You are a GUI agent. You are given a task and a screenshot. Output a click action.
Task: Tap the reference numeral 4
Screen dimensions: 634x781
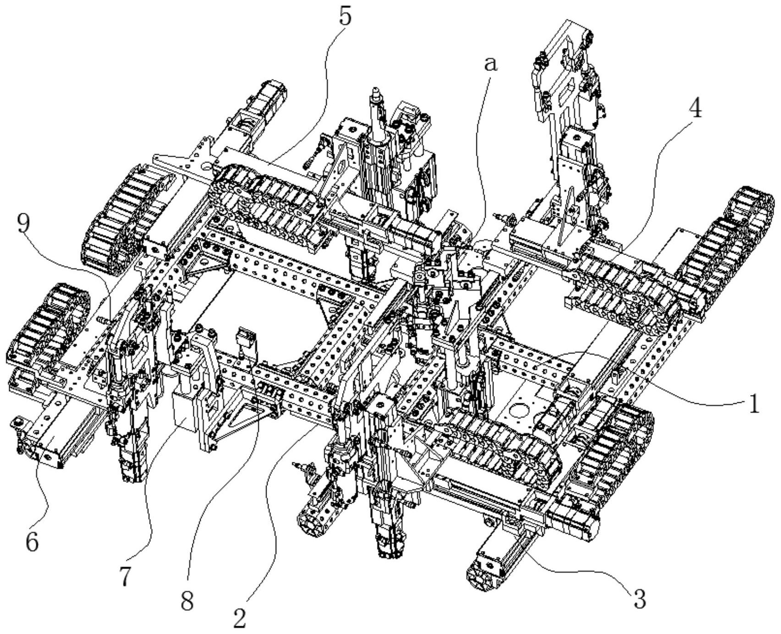(x=695, y=109)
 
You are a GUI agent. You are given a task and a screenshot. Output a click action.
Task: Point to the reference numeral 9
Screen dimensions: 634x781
(x=24, y=224)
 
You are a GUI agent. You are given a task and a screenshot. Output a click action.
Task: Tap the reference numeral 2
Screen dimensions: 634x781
(x=240, y=617)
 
